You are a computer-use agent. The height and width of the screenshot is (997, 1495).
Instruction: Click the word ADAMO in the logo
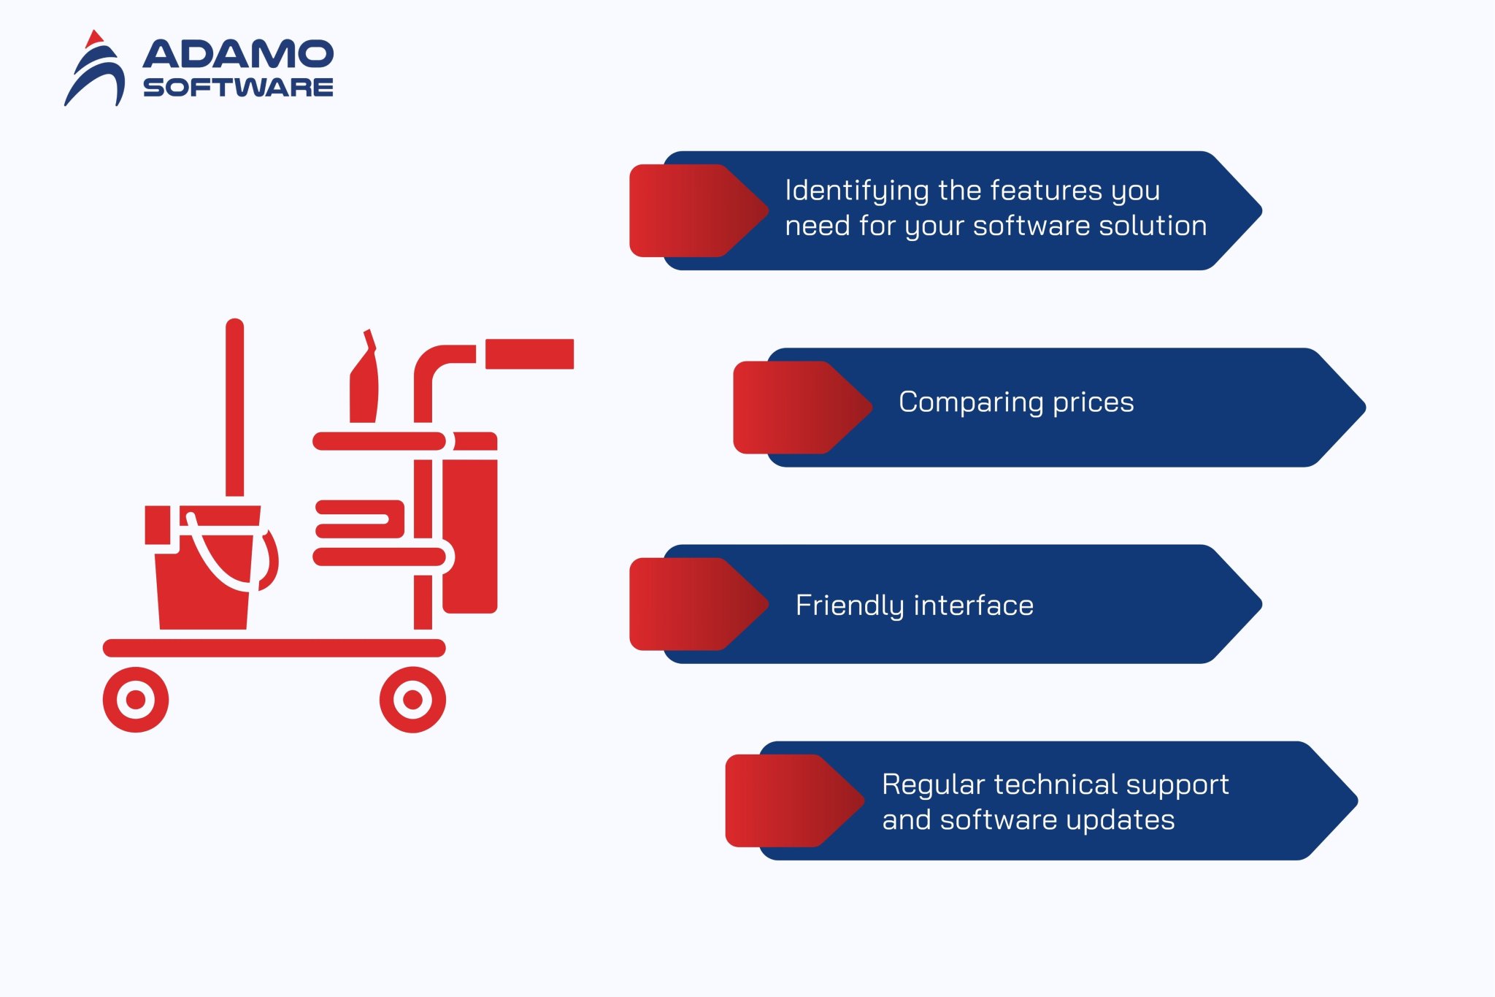pos(238,55)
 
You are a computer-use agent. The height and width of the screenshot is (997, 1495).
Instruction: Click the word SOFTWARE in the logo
pos(238,88)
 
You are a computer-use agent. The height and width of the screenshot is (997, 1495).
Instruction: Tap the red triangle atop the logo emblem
pos(93,39)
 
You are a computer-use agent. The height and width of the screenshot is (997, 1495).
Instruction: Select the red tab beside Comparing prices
pos(796,407)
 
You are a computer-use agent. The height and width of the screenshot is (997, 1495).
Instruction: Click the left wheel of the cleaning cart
pos(136,700)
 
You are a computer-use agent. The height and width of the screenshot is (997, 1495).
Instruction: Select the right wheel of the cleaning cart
pos(412,700)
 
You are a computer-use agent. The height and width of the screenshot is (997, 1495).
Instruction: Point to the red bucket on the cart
pos(204,577)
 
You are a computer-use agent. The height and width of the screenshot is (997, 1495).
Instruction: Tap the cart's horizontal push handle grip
pos(529,354)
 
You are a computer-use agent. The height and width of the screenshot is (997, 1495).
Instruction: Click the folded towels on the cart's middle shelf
pos(359,519)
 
